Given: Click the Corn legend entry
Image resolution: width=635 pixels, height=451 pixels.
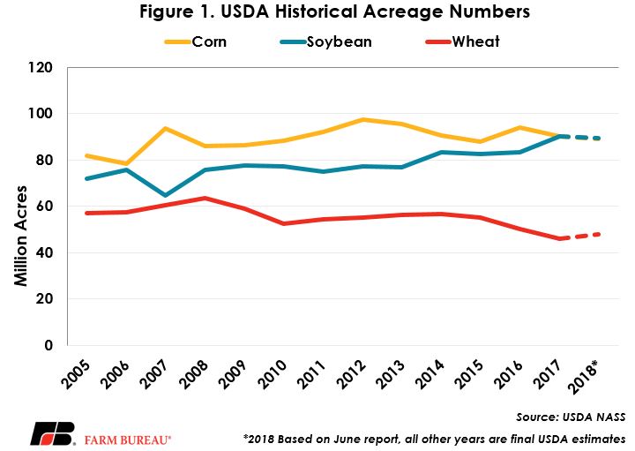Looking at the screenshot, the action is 196,41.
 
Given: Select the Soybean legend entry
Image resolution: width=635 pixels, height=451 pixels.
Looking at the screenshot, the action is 326,41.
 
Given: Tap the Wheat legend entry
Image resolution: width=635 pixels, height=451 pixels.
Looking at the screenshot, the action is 463,41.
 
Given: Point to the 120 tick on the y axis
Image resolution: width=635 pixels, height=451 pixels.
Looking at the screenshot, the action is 40,67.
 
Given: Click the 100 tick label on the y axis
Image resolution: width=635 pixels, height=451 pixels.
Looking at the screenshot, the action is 40,114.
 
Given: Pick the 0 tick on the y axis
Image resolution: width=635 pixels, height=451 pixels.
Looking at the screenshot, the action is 49,345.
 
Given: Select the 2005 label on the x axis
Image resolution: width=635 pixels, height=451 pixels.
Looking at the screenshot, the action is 76,375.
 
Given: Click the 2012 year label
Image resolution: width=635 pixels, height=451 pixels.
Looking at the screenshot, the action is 351,375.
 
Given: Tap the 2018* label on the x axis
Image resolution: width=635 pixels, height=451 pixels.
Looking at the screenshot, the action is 583,377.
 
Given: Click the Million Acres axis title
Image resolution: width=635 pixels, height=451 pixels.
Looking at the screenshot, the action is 20,236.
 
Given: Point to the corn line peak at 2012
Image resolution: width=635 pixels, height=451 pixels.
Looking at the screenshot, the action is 363,119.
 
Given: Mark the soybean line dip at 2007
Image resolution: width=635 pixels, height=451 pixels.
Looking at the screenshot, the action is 165,196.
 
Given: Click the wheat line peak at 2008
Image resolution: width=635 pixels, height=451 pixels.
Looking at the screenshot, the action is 205,198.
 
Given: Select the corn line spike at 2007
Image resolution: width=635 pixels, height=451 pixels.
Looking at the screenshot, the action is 165,128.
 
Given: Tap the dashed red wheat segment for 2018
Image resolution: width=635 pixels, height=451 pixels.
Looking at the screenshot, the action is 580,237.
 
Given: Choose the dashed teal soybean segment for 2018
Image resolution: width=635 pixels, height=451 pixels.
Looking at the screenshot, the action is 580,138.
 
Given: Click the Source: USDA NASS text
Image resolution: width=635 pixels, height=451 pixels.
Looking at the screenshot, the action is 571,417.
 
